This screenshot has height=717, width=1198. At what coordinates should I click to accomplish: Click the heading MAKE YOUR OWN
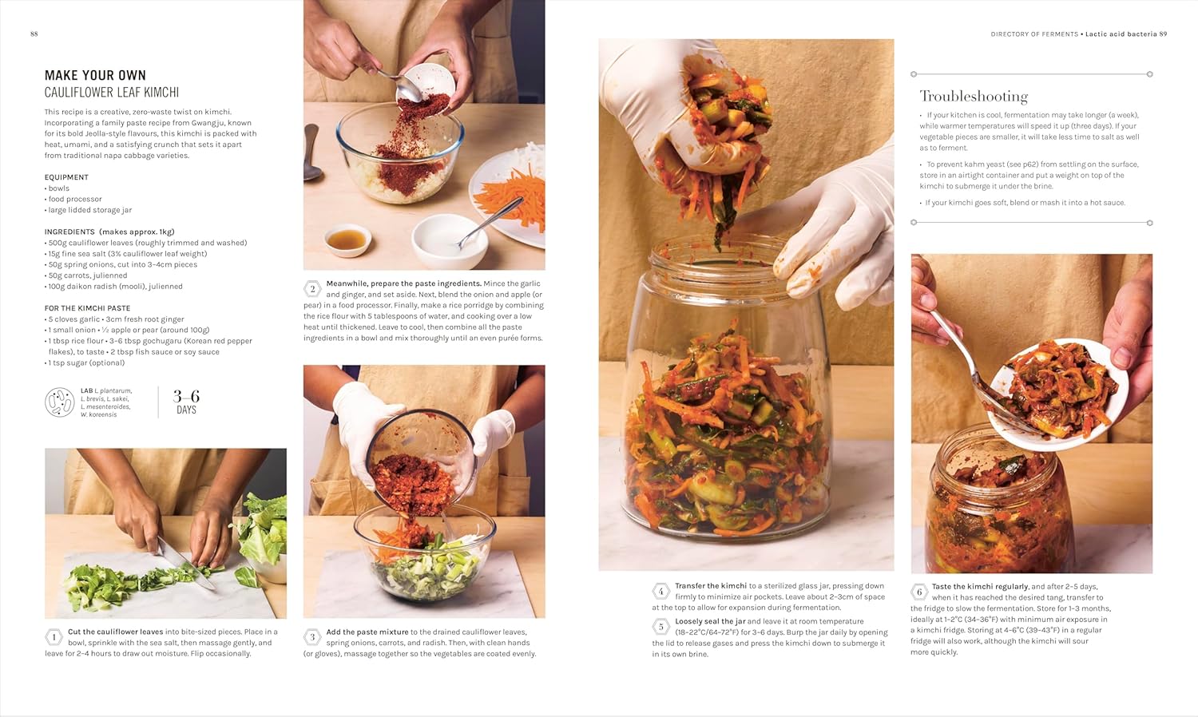(95, 75)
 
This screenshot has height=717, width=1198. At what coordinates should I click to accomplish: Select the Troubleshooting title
(974, 97)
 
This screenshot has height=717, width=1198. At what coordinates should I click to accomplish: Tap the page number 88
(34, 34)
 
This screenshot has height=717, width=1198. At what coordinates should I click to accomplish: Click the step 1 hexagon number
(54, 637)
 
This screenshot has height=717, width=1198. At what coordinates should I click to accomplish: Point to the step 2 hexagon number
(312, 289)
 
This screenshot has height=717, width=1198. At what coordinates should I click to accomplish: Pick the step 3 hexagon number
(312, 637)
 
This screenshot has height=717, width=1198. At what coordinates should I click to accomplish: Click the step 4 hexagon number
(660, 592)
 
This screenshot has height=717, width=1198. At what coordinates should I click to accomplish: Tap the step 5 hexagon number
(660, 627)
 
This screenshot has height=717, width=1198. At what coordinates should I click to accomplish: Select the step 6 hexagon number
(919, 592)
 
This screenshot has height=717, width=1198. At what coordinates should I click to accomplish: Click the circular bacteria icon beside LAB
(60, 402)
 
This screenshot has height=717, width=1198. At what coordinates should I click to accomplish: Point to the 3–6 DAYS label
(186, 402)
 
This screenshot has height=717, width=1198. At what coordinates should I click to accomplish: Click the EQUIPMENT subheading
(66, 177)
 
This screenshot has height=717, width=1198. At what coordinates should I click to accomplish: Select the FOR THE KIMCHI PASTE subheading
(87, 308)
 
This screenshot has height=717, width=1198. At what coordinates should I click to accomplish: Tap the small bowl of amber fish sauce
(348, 239)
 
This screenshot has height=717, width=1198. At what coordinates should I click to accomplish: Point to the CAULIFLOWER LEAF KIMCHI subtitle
(112, 93)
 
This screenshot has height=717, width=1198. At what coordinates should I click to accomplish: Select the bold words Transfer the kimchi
(710, 586)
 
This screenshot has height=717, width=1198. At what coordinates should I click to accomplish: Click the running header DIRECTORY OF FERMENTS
(1033, 34)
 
